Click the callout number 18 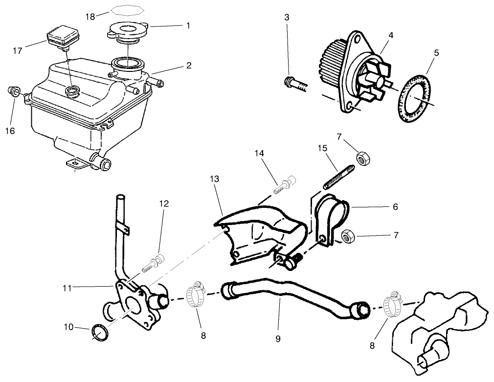[90, 16]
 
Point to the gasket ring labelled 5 [414, 98]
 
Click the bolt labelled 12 [155, 263]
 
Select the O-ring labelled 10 [100, 333]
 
